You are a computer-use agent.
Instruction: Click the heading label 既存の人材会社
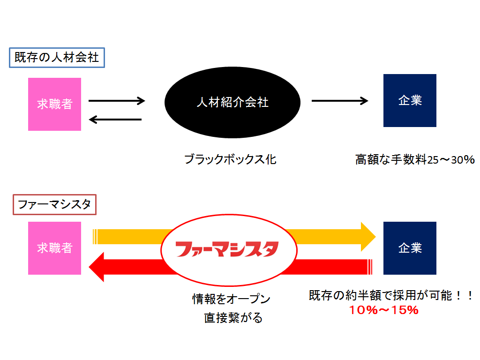click(x=57, y=58)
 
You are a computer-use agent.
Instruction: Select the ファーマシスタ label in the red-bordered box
click(x=54, y=204)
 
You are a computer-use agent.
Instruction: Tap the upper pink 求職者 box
click(x=54, y=104)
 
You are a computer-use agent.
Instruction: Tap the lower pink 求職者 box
click(x=54, y=248)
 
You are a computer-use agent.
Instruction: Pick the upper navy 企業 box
click(x=410, y=100)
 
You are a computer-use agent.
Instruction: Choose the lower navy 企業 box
click(x=410, y=248)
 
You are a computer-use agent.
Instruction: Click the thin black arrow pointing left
click(x=115, y=120)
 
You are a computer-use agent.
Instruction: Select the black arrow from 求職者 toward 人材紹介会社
click(x=117, y=100)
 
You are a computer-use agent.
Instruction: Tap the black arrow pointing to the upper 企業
click(x=340, y=100)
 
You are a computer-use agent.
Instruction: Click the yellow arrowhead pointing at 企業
click(x=368, y=237)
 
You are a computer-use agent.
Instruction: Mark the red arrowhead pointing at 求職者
click(x=97, y=267)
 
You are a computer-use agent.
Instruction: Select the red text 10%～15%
click(x=383, y=310)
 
